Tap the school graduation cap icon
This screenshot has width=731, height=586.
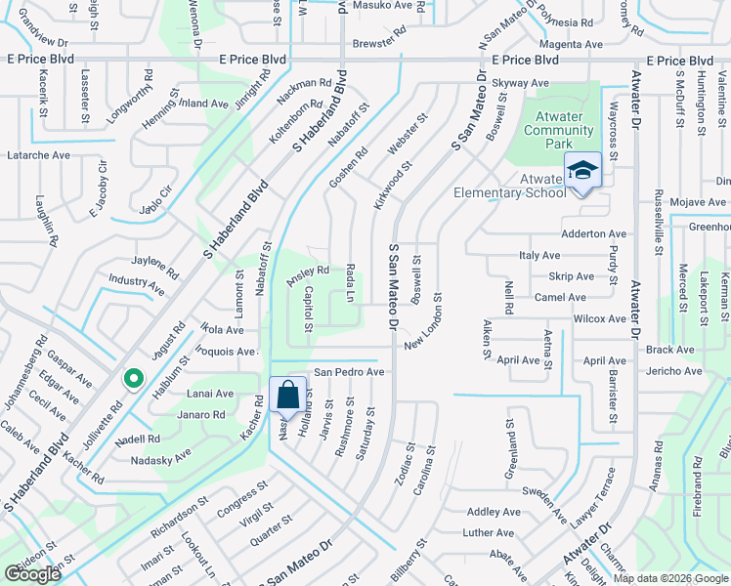tap(582, 170)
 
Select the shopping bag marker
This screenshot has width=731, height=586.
tap(287, 397)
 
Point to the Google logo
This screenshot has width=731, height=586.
tap(33, 574)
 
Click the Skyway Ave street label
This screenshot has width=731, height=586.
tap(520, 83)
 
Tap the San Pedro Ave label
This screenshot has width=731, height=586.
tap(348, 372)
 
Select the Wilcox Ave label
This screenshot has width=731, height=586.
tap(599, 318)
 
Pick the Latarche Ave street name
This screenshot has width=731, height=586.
tap(39, 155)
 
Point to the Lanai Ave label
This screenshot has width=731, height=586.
tap(210, 394)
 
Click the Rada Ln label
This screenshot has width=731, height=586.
tap(349, 282)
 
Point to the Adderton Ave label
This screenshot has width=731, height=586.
tap(593, 234)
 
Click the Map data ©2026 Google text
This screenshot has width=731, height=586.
tap(669, 578)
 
